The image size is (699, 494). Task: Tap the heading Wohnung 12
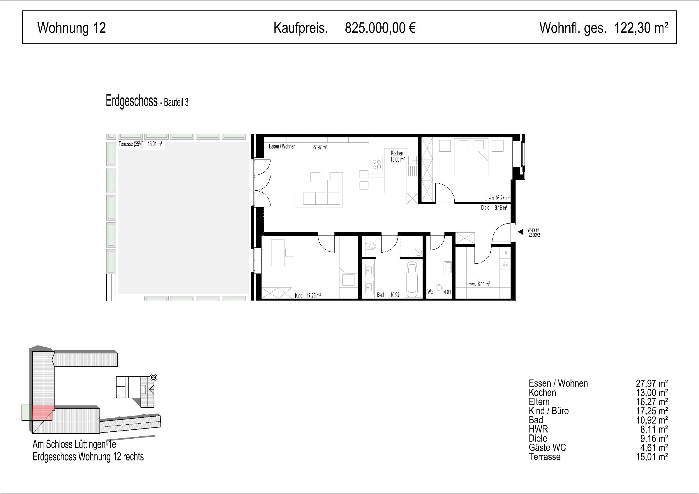[72, 28]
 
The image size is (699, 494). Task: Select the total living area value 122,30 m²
[641, 28]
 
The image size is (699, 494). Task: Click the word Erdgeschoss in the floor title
[132, 101]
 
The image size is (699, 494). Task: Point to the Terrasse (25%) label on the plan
[131, 144]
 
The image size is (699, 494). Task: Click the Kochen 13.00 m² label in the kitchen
[398, 156]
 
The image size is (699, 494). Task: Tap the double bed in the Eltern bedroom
[471, 157]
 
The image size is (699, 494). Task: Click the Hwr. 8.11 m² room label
[479, 284]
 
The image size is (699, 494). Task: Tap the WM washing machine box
[505, 264]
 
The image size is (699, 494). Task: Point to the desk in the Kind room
[278, 253]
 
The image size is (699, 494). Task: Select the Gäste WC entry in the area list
[547, 447]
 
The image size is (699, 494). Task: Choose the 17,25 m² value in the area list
[652, 411]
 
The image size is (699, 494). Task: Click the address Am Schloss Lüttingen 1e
[74, 445]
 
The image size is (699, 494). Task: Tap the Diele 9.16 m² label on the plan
[494, 208]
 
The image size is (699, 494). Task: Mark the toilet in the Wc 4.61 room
[439, 289]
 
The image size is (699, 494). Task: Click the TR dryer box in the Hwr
[505, 253]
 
